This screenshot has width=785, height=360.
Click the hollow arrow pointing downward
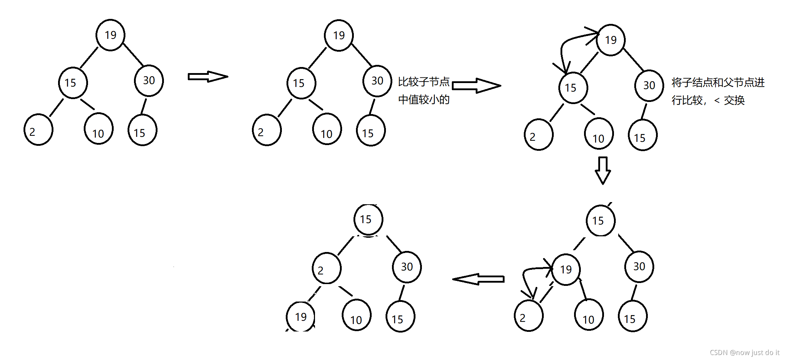tap(603, 170)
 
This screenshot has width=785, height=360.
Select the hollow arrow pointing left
tap(478, 279)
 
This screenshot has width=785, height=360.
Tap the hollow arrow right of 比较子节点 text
tap(476, 86)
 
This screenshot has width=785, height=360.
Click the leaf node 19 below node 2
tap(300, 317)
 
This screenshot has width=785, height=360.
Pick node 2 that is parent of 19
tap(326, 268)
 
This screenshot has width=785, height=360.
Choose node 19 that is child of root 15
tap(566, 269)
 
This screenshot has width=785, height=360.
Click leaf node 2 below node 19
tap(528, 316)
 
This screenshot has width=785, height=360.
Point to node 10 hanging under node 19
tap(589, 315)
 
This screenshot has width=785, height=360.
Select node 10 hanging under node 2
tap(356, 315)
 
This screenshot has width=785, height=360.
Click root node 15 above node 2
tap(368, 220)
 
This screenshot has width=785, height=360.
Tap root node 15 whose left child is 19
tap(600, 221)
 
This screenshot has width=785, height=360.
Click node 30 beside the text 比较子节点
tap(377, 81)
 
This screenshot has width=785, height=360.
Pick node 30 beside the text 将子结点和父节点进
tap(649, 86)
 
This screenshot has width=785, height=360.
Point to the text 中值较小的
tap(424, 99)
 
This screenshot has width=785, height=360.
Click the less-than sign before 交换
tap(717, 101)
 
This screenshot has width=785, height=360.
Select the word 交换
tap(734, 101)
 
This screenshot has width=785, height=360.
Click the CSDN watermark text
tap(744, 353)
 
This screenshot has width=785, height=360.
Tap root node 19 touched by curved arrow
tap(611, 40)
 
